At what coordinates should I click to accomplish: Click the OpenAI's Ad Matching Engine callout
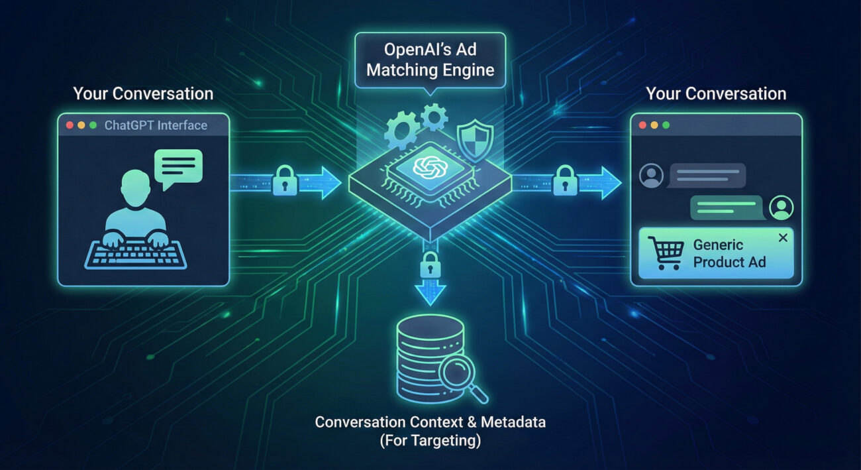(430, 60)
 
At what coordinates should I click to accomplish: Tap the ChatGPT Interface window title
(156, 125)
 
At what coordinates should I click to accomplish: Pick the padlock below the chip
(430, 263)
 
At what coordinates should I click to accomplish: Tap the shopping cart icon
(666, 253)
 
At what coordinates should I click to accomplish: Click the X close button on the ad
(783, 238)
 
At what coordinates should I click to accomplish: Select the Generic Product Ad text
(729, 253)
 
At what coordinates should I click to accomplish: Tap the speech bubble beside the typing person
(178, 166)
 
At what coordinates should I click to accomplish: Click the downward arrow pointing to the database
(430, 292)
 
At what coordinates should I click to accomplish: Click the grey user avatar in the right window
(652, 176)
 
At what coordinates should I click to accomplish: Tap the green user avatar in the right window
(782, 207)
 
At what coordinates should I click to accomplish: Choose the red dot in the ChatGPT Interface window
(68, 125)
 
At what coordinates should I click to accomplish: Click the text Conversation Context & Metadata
(430, 422)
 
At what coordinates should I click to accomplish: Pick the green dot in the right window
(666, 125)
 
